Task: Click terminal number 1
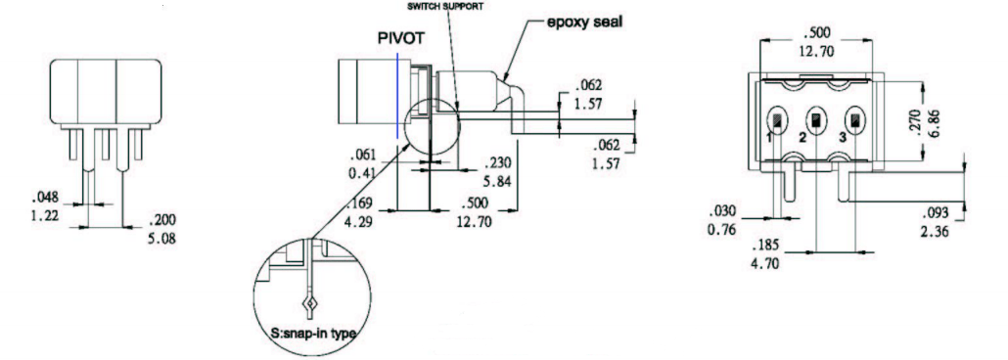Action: click(x=771, y=138)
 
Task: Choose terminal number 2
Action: click(x=802, y=138)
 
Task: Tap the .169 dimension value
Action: click(x=364, y=205)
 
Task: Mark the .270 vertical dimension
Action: click(x=915, y=122)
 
